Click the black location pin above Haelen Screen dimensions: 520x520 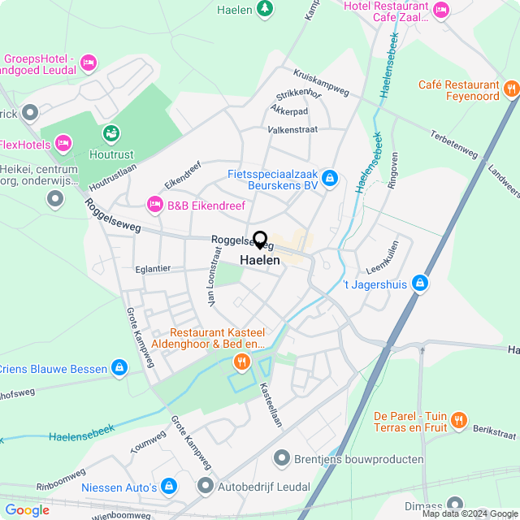point(260,240)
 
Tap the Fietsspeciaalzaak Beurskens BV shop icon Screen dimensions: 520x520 point(329,177)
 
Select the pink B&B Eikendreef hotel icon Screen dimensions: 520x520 point(153,205)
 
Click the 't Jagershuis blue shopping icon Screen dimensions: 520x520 point(419,283)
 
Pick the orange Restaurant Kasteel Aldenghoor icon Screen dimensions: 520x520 point(240,361)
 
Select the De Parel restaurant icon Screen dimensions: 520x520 point(459,419)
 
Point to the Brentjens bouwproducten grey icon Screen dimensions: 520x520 point(282,459)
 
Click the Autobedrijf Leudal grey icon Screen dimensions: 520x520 point(206,486)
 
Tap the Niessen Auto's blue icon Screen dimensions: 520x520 point(168,486)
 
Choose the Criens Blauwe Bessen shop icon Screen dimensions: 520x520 point(119,368)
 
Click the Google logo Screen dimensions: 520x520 point(27,509)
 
